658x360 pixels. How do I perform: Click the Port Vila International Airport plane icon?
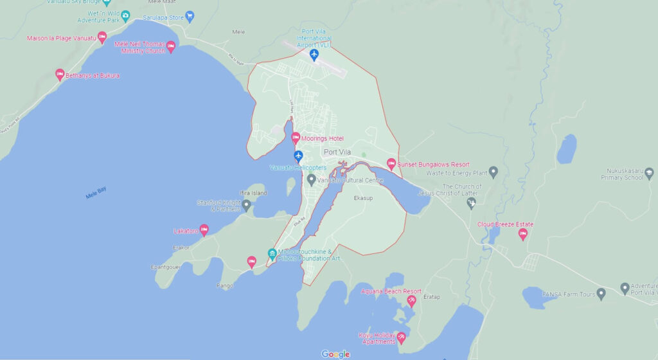coord(314,55)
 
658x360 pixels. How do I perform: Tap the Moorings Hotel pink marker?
coord(296,138)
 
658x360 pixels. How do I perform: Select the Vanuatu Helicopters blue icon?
coord(298,156)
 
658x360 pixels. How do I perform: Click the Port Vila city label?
coord(340,152)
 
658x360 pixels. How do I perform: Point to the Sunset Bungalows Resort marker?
coord(391,164)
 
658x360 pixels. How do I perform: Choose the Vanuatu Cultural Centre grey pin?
coord(312,179)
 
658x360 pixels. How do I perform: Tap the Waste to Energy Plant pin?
coord(493,172)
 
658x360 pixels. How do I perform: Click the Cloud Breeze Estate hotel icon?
coord(522,234)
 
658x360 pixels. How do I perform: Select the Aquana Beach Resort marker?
coord(411,300)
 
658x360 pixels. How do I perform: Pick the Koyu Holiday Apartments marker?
coord(402,337)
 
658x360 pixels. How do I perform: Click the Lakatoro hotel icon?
coord(204,230)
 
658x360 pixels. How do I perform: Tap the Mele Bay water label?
coord(96,193)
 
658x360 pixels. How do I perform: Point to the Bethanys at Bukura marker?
coord(60,75)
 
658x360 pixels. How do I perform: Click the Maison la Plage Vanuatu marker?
coord(102,37)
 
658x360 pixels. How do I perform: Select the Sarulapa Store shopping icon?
coord(189,16)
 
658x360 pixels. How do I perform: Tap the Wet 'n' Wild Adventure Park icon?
coord(125,15)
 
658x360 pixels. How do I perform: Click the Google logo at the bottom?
coord(335,354)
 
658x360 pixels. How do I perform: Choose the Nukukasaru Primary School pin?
coord(649,172)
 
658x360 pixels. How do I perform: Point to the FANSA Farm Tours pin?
coord(601,294)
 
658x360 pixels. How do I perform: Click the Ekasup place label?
coord(363,198)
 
